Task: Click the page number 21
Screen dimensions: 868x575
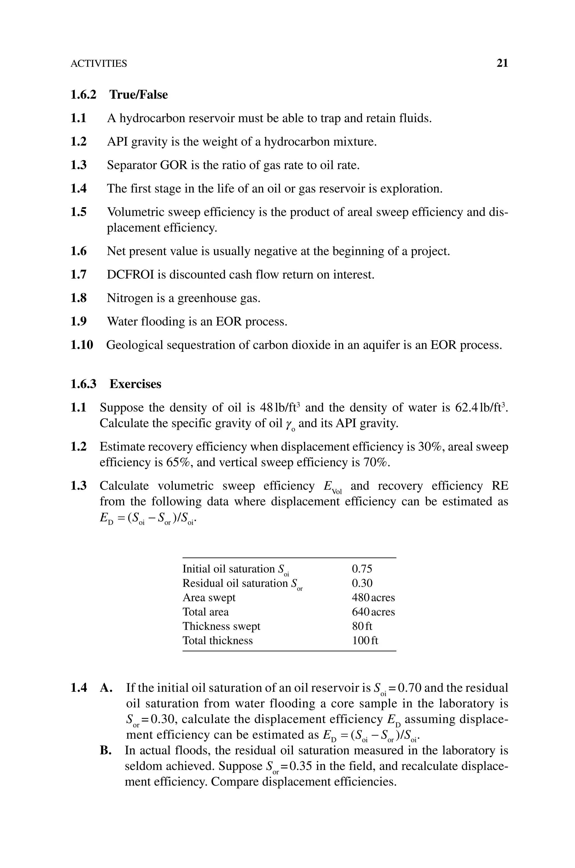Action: pyautogui.click(x=502, y=63)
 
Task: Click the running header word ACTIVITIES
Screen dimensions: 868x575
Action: pyautogui.click(x=99, y=64)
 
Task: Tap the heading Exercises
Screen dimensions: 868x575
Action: pyautogui.click(x=135, y=384)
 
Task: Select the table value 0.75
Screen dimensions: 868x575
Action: pyautogui.click(x=362, y=569)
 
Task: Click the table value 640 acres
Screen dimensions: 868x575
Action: pyautogui.click(x=373, y=612)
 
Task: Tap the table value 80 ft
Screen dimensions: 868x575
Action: pyautogui.click(x=362, y=626)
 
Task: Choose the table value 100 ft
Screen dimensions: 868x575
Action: pyautogui.click(x=365, y=640)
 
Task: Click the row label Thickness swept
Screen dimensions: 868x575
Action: pyautogui.click(x=221, y=626)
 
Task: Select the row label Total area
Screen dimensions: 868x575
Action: pyautogui.click(x=205, y=612)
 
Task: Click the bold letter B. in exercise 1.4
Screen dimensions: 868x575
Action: pyautogui.click(x=106, y=750)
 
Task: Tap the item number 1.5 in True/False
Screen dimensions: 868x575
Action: pyautogui.click(x=79, y=212)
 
